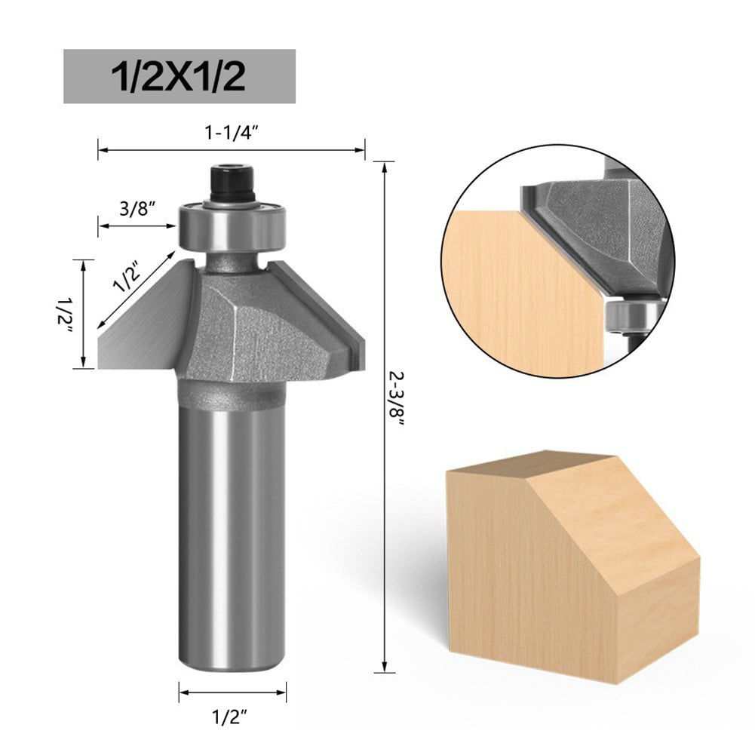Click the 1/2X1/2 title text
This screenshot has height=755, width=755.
click(x=179, y=76)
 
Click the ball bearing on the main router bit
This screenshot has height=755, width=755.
click(x=233, y=226)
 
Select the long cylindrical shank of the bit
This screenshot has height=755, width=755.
click(x=232, y=528)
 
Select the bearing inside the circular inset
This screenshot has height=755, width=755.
click(x=630, y=317)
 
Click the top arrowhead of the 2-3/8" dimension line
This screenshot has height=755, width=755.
click(x=385, y=167)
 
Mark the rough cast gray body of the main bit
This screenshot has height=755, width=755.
click(x=256, y=332)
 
